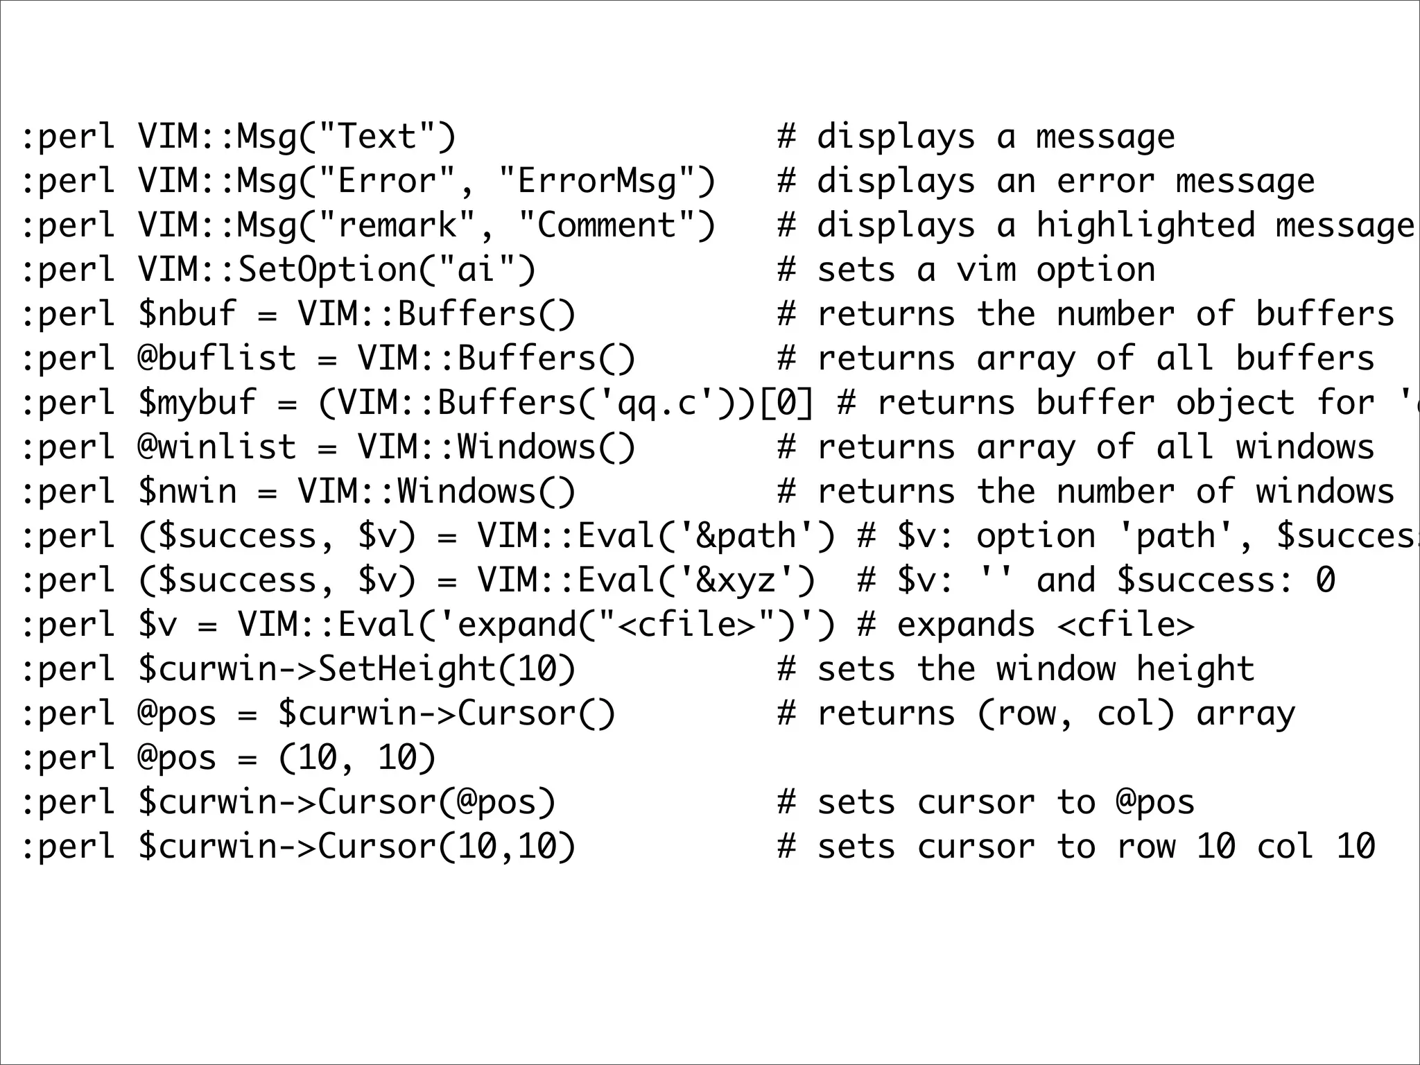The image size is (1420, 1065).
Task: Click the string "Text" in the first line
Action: pos(376,137)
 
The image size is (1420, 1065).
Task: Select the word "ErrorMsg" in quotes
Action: pos(597,182)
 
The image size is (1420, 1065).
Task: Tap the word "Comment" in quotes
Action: pos(607,226)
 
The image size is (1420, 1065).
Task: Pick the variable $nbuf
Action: pos(187,315)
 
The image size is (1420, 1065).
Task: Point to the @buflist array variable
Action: pos(217,359)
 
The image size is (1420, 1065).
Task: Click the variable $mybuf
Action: pos(197,404)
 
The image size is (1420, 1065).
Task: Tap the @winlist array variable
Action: pos(217,448)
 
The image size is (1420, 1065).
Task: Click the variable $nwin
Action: pos(187,492)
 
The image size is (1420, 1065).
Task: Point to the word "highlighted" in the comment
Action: pos(1145,226)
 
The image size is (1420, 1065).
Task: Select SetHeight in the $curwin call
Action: pos(407,670)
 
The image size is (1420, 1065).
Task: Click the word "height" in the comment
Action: pos(1195,670)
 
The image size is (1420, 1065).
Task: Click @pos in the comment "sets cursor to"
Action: pos(1155,803)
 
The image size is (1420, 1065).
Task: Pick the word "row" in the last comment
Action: pos(1145,847)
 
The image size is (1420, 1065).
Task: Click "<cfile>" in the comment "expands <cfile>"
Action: pos(1126,625)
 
